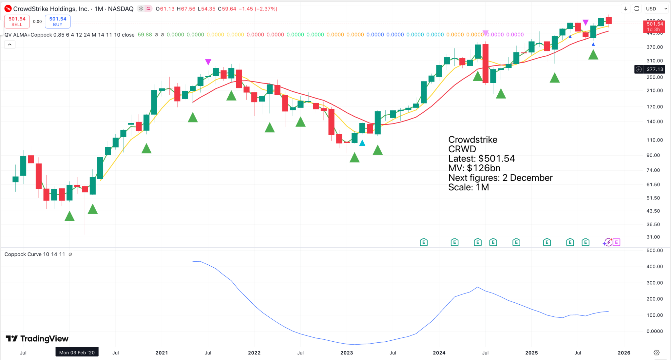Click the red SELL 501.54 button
17,22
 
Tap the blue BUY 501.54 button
58,22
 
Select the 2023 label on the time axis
347,353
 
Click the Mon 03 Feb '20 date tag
77,352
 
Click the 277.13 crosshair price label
655,69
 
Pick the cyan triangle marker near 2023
362,143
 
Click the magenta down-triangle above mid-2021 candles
208,62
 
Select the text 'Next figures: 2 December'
500,178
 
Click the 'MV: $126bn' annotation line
474,168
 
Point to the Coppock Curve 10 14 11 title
35,254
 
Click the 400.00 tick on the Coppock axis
655,267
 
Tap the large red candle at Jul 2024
486,63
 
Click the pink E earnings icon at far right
616,242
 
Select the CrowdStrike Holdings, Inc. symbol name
51,9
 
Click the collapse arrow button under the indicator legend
10,45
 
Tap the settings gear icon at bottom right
656,352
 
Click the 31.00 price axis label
653,237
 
